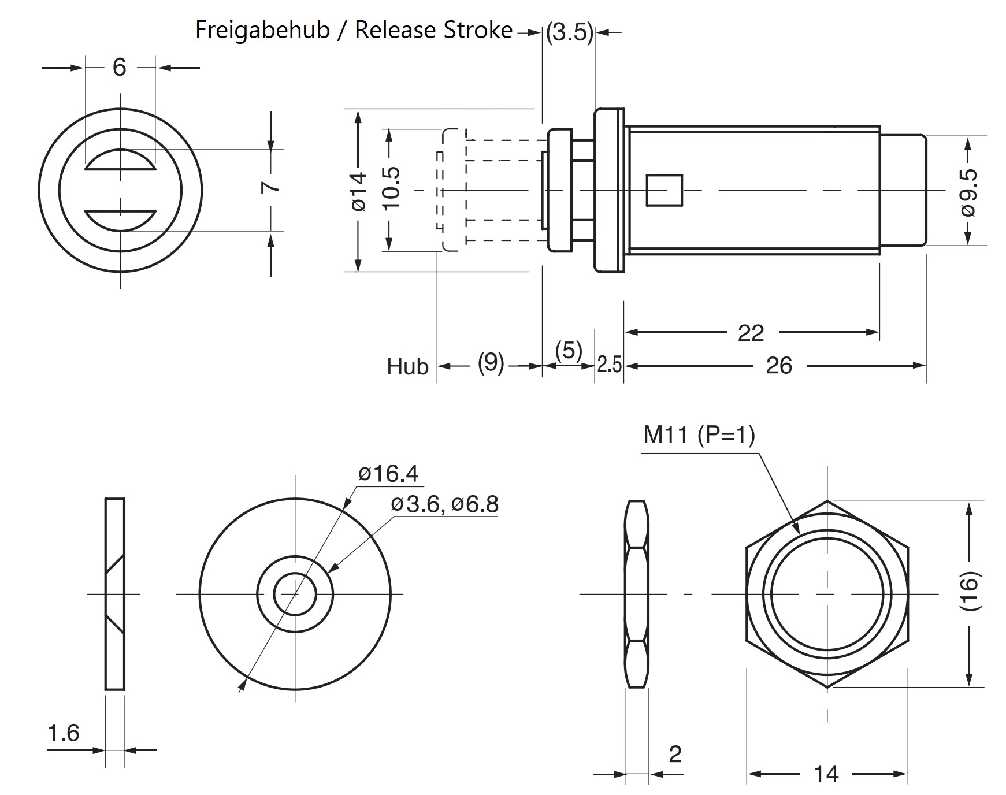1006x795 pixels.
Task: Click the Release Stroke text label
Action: [433, 30]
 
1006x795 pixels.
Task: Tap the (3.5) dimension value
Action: [570, 33]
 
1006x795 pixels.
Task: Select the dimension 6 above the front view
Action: [119, 68]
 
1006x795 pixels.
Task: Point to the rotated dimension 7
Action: [271, 187]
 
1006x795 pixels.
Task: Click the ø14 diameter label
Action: [359, 191]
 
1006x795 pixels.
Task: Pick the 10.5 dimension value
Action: [391, 188]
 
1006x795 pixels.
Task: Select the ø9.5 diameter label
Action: [969, 192]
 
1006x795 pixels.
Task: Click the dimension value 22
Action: [751, 333]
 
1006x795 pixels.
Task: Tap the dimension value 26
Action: [778, 366]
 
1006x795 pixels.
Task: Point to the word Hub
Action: [407, 367]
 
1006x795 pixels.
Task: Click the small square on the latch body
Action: [664, 190]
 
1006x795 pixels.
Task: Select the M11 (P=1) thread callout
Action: [699, 434]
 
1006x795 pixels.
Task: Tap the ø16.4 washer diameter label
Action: [388, 474]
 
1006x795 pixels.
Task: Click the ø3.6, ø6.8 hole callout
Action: [444, 504]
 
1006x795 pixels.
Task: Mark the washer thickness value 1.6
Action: [63, 733]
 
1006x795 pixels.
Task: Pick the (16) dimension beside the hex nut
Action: [969, 592]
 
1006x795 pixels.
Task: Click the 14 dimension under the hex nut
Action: [826, 774]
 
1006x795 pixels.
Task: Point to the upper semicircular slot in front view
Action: [120, 162]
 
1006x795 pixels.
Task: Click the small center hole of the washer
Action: [295, 595]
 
